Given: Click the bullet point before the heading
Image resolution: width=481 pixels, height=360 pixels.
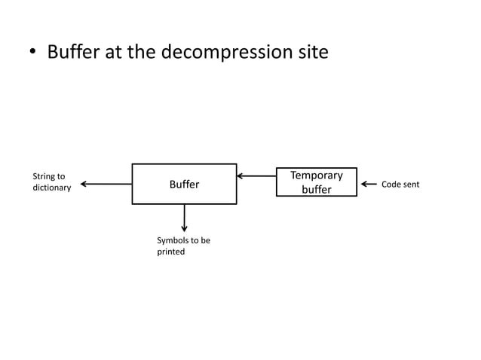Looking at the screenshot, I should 33,53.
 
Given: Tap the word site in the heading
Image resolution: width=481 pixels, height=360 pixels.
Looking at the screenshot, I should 311,52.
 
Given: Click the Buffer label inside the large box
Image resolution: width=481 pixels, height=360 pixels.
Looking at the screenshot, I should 184,184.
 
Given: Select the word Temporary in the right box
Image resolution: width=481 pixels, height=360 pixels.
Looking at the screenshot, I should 317,175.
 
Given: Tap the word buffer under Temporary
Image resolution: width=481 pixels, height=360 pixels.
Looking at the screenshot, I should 317,189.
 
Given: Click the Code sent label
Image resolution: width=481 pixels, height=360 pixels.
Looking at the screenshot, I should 400,184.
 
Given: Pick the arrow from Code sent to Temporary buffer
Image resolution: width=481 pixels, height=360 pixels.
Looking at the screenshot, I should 369,184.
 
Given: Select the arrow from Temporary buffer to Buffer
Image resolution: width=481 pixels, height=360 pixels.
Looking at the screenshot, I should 256,176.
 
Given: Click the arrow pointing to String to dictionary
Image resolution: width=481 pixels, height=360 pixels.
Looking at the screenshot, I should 106,184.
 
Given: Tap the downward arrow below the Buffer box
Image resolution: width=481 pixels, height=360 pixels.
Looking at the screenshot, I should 184,218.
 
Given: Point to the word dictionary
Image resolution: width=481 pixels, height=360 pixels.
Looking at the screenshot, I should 51,188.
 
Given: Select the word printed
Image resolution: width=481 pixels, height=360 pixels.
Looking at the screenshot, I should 170,252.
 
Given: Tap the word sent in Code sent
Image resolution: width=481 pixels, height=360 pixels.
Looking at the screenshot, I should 410,184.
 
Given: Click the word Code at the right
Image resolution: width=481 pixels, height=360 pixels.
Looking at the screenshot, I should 391,184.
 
